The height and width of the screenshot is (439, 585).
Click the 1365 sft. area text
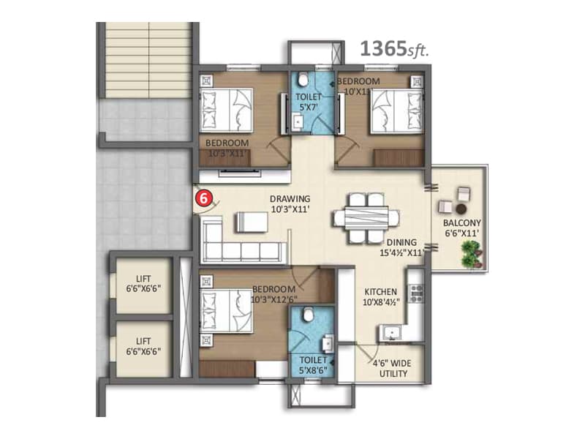tap(393, 49)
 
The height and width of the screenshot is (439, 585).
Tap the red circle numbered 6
tap(205, 197)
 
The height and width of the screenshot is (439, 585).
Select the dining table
tap(366, 217)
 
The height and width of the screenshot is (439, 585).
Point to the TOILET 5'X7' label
tap(308, 102)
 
